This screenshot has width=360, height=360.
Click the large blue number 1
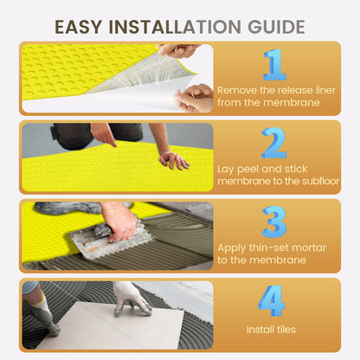click(x=274, y=65)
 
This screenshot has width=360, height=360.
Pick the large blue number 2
click(x=274, y=143)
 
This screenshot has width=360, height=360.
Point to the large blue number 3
click(x=274, y=222)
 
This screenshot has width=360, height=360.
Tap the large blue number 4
click(x=272, y=299)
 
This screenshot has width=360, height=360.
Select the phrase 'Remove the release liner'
click(x=270, y=89)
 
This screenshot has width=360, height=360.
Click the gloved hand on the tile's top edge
click(x=132, y=297)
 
